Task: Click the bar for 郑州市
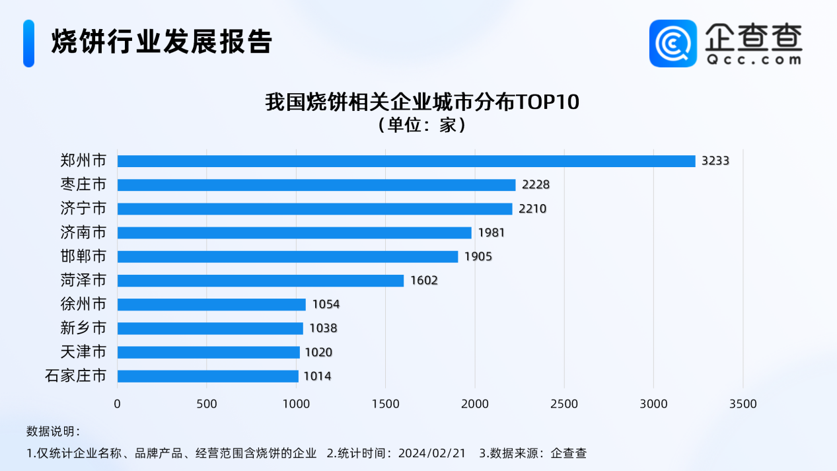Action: [406, 161]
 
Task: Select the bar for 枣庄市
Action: [316, 185]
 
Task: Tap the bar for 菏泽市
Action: [260, 281]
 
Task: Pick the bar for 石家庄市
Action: [208, 376]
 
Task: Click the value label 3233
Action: [715, 161]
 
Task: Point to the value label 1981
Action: [491, 233]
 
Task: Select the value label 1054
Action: [326, 305]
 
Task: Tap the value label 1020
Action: [318, 352]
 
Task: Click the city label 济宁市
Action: [83, 209]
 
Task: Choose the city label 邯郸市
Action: [83, 256]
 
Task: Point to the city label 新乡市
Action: [83, 328]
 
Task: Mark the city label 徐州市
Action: [83, 305]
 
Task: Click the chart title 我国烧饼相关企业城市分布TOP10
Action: [422, 102]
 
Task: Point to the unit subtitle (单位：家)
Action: [422, 125]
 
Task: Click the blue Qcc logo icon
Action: [673, 43]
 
